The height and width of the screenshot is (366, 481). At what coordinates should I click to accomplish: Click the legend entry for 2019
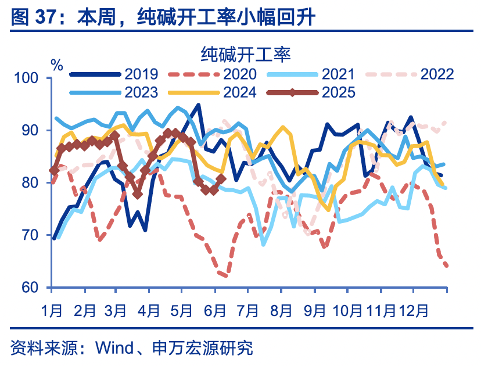pos(141,74)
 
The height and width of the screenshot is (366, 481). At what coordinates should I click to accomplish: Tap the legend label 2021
pos(338,74)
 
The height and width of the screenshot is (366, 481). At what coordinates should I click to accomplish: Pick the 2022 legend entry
pos(437,74)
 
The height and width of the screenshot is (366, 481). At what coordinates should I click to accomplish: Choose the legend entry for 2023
pos(141,92)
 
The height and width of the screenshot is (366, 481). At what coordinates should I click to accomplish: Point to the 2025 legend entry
pos(338,92)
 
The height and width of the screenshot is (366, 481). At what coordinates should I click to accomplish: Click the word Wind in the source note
pos(113,349)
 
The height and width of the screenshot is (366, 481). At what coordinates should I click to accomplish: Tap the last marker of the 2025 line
pos(221,180)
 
